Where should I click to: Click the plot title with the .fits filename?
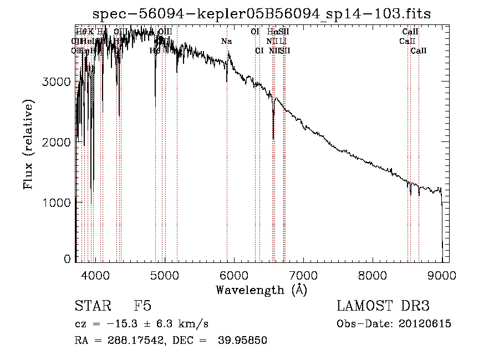pyautogui.click(x=261, y=13)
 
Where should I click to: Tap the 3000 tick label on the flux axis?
pyautogui.click(x=57, y=82)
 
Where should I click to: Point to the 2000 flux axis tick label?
pyautogui.click(x=57, y=142)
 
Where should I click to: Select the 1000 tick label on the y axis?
pyautogui.click(x=57, y=202)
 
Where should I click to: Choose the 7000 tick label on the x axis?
pyautogui.click(x=303, y=274)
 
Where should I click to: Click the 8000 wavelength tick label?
pyautogui.click(x=373, y=274)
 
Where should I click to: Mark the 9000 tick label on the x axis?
pyautogui.click(x=442, y=274)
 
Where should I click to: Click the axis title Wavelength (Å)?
pyautogui.click(x=262, y=289)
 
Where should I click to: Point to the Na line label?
pyautogui.click(x=226, y=42)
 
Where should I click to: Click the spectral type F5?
pyautogui.click(x=142, y=306)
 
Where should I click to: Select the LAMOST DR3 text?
pyautogui.click(x=383, y=306)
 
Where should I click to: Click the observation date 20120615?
pyautogui.click(x=425, y=324)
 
